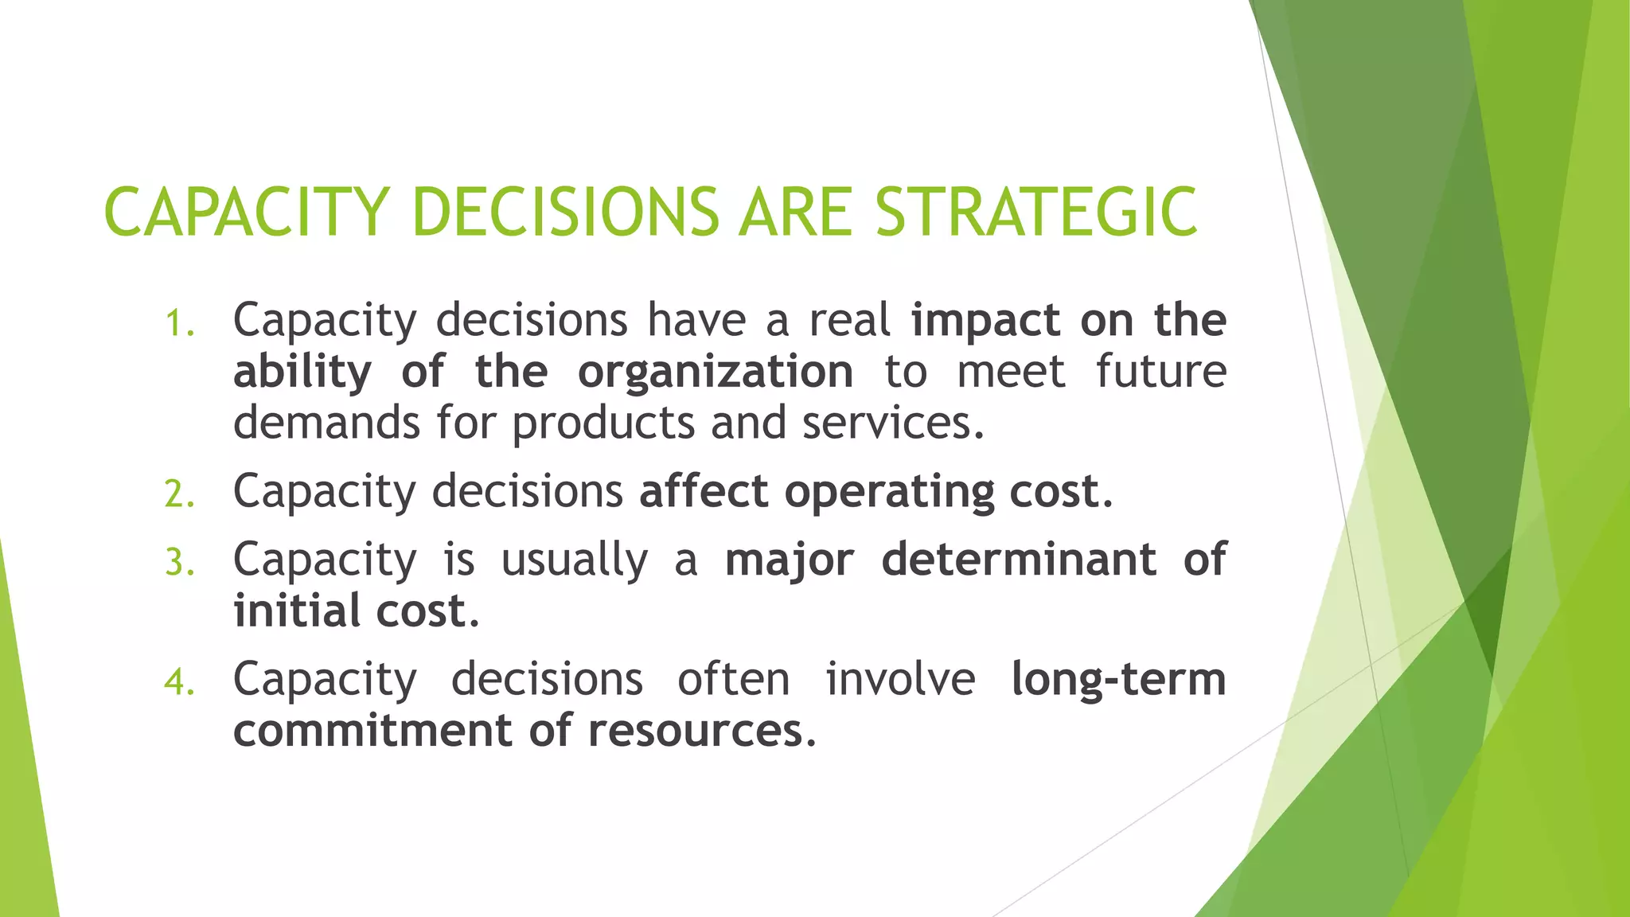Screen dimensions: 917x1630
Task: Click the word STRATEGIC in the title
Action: click(x=1036, y=213)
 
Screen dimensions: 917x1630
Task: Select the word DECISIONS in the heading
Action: click(x=566, y=213)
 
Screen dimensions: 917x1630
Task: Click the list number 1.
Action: click(x=179, y=324)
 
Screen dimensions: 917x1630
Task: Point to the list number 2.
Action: click(x=179, y=495)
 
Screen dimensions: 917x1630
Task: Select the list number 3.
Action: click(x=179, y=564)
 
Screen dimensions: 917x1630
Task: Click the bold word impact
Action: click(x=985, y=321)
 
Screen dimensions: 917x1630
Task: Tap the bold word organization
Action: click(x=715, y=372)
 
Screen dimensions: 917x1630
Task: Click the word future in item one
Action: click(x=1160, y=372)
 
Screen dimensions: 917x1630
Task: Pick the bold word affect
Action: click(x=704, y=491)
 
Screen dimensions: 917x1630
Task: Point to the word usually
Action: click(x=574, y=560)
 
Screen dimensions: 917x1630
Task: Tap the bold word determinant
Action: click(x=1018, y=559)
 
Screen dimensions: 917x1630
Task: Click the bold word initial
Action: click(x=296, y=611)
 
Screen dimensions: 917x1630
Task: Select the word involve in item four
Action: click(x=900, y=679)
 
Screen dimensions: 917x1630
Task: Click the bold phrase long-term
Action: click(x=1117, y=679)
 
